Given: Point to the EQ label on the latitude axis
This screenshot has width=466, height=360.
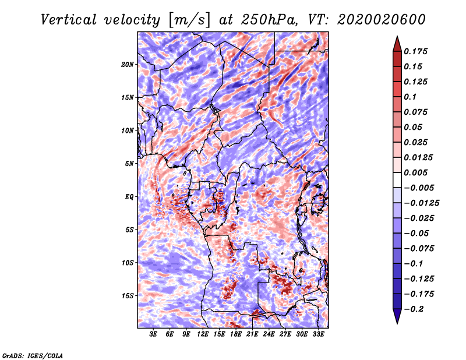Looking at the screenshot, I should click(129, 197).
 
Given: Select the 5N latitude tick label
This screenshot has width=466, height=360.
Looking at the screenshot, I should click(129, 164).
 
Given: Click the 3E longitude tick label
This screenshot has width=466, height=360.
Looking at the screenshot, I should click(154, 334).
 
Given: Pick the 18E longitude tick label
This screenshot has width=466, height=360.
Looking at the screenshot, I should click(236, 334).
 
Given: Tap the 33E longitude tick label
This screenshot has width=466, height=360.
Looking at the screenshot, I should click(319, 334).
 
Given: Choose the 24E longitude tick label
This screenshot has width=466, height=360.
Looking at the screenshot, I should click(269, 334).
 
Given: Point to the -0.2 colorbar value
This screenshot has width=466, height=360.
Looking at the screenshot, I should click(415, 309).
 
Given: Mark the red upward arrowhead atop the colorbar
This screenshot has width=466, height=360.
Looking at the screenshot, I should click(397, 43).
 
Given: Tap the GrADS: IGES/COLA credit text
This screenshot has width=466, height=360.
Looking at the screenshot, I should click(32, 354).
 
